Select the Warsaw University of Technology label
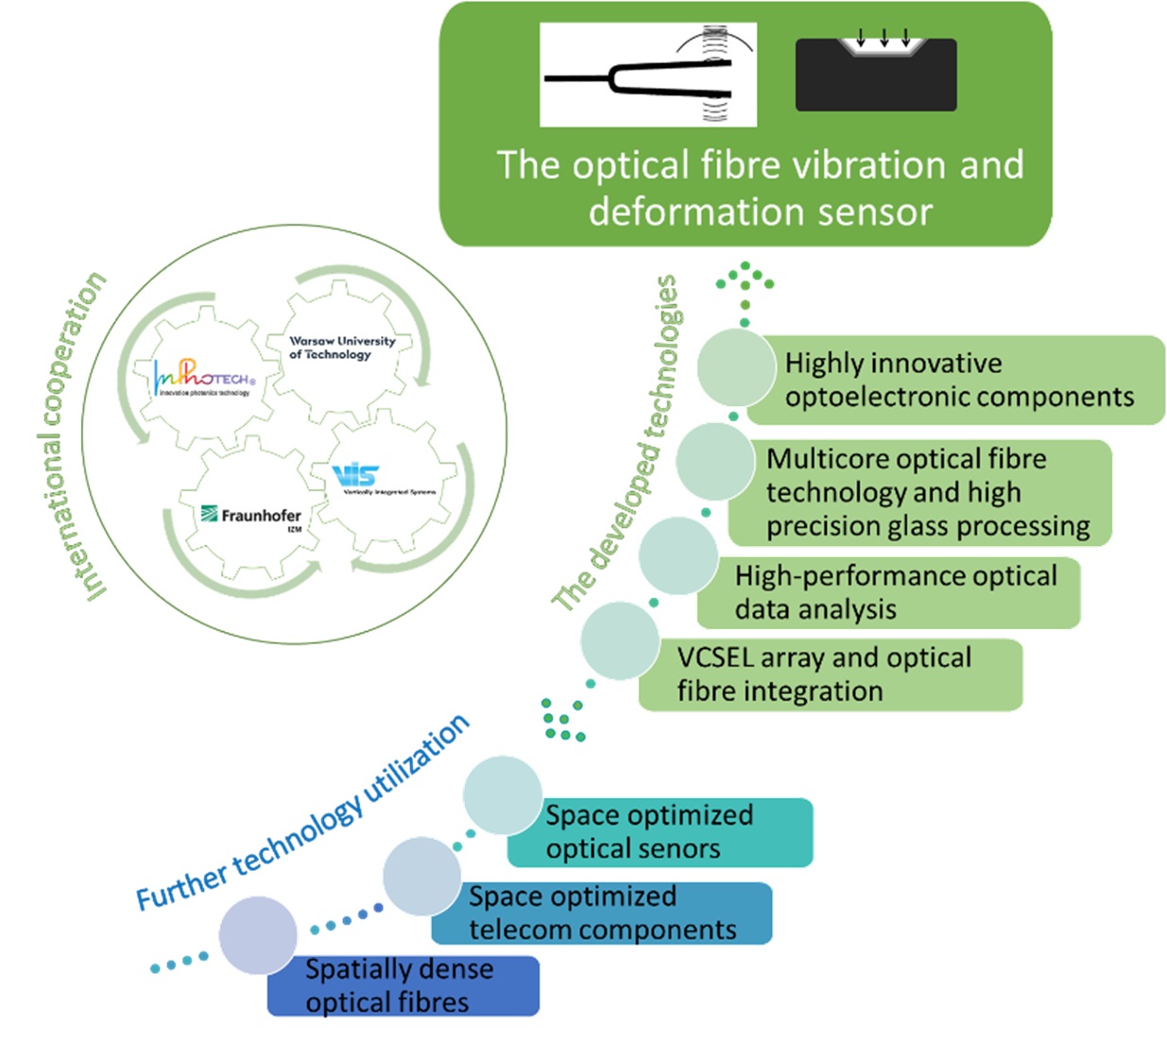(x=341, y=348)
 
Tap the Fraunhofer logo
(x=251, y=515)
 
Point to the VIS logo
(x=356, y=475)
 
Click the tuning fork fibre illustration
(x=647, y=76)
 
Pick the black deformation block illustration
(x=876, y=75)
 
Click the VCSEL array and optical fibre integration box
(x=830, y=674)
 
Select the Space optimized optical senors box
(x=659, y=832)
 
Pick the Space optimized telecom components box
(x=602, y=912)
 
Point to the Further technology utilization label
(x=302, y=814)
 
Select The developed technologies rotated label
(x=616, y=443)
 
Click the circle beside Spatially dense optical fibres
(x=258, y=935)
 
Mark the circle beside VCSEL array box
(x=619, y=640)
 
